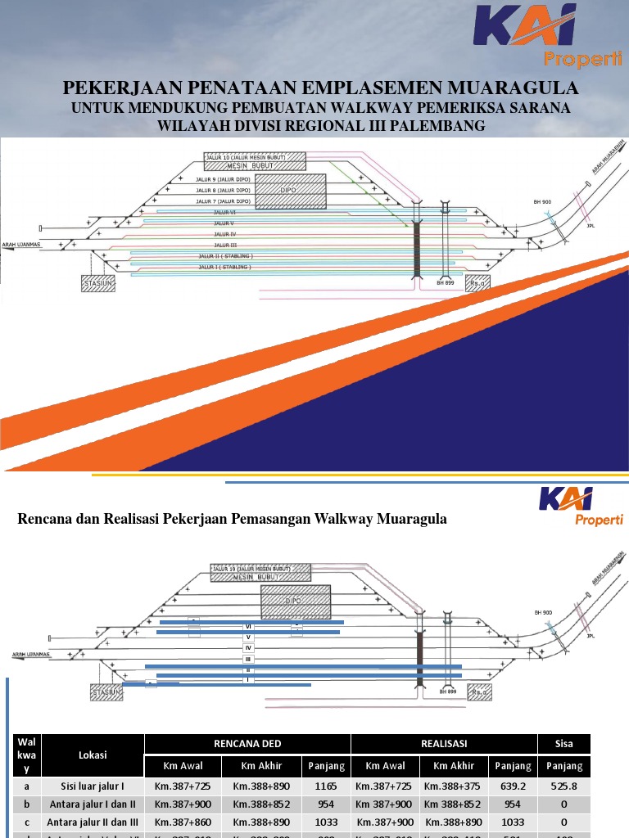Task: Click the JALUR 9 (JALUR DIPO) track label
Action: tap(223, 179)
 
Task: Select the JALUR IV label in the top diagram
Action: tap(224, 234)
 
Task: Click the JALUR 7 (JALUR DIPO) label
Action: tap(223, 201)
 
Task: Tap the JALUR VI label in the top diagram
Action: tap(224, 212)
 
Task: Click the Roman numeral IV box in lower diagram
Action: tap(247, 647)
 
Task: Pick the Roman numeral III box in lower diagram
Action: tap(247, 659)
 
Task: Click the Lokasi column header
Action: tap(93, 755)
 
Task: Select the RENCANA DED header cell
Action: tap(247, 744)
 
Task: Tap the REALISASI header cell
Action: tap(444, 744)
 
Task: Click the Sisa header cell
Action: tap(564, 744)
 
